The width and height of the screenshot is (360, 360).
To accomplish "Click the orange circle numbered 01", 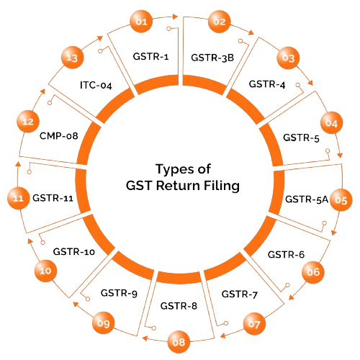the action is [x=141, y=22].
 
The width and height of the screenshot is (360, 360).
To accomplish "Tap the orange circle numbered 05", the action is [x=341, y=200].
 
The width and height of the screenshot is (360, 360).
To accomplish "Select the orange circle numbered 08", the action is [x=179, y=342].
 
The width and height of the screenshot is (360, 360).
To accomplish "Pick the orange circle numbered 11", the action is [x=19, y=198].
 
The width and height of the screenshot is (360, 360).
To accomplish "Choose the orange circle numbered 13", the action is [x=72, y=58].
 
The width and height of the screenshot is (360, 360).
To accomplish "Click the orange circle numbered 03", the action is [x=288, y=58].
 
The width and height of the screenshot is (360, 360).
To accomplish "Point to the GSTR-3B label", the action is [x=212, y=58].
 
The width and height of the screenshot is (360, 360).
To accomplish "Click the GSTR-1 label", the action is [x=150, y=56].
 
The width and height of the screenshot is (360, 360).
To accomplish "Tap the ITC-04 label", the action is [x=96, y=85].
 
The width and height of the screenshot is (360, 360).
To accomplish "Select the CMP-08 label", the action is [x=59, y=136].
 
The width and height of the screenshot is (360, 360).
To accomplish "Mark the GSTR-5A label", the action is [x=307, y=199].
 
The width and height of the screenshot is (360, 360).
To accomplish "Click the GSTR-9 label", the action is [x=119, y=293].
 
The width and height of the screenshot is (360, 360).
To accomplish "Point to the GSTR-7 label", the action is [x=240, y=294].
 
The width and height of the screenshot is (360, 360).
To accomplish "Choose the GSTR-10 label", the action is [x=74, y=251].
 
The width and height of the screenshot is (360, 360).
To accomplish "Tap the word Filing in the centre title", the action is [x=222, y=186].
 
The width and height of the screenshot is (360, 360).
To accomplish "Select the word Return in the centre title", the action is [x=178, y=186].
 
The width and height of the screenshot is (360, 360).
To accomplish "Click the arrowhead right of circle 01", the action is [x=175, y=17].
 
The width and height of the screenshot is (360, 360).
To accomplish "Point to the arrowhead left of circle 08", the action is [x=145, y=338].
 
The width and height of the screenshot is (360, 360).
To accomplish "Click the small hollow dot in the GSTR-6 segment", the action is [x=287, y=285].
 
